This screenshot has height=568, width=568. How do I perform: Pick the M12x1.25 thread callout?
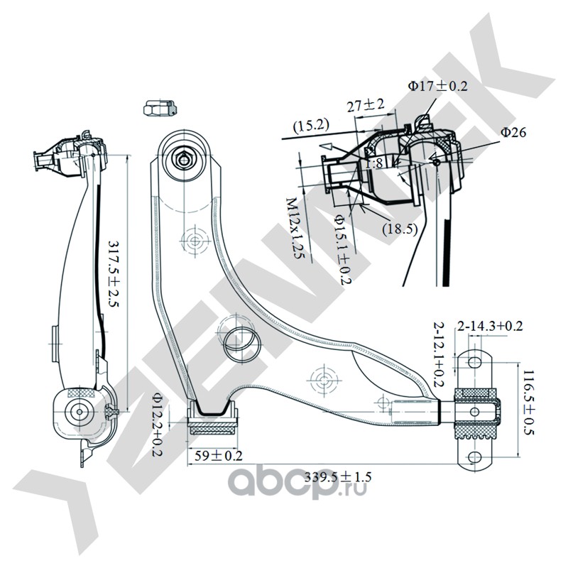coord(294,229)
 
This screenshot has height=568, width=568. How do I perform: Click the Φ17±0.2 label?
coord(438,86)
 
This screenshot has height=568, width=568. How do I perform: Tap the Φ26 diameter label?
coord(512,132)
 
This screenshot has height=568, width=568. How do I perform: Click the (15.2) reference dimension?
coord(312,126)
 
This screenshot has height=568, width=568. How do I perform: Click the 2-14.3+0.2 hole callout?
coord(490,327)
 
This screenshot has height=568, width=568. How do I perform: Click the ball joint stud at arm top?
coord(184,158)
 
